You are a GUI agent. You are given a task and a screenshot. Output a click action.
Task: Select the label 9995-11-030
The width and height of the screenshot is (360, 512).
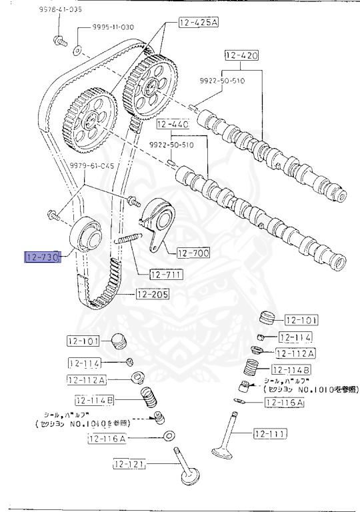(101, 27)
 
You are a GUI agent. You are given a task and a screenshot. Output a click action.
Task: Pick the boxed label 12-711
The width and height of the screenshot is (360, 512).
(166, 274)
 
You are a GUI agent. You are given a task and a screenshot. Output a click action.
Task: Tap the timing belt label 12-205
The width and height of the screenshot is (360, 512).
(153, 293)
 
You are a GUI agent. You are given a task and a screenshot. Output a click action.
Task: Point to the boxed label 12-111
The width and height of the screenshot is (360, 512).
(270, 434)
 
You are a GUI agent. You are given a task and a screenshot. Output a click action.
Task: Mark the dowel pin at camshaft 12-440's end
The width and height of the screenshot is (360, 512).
(171, 160)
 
